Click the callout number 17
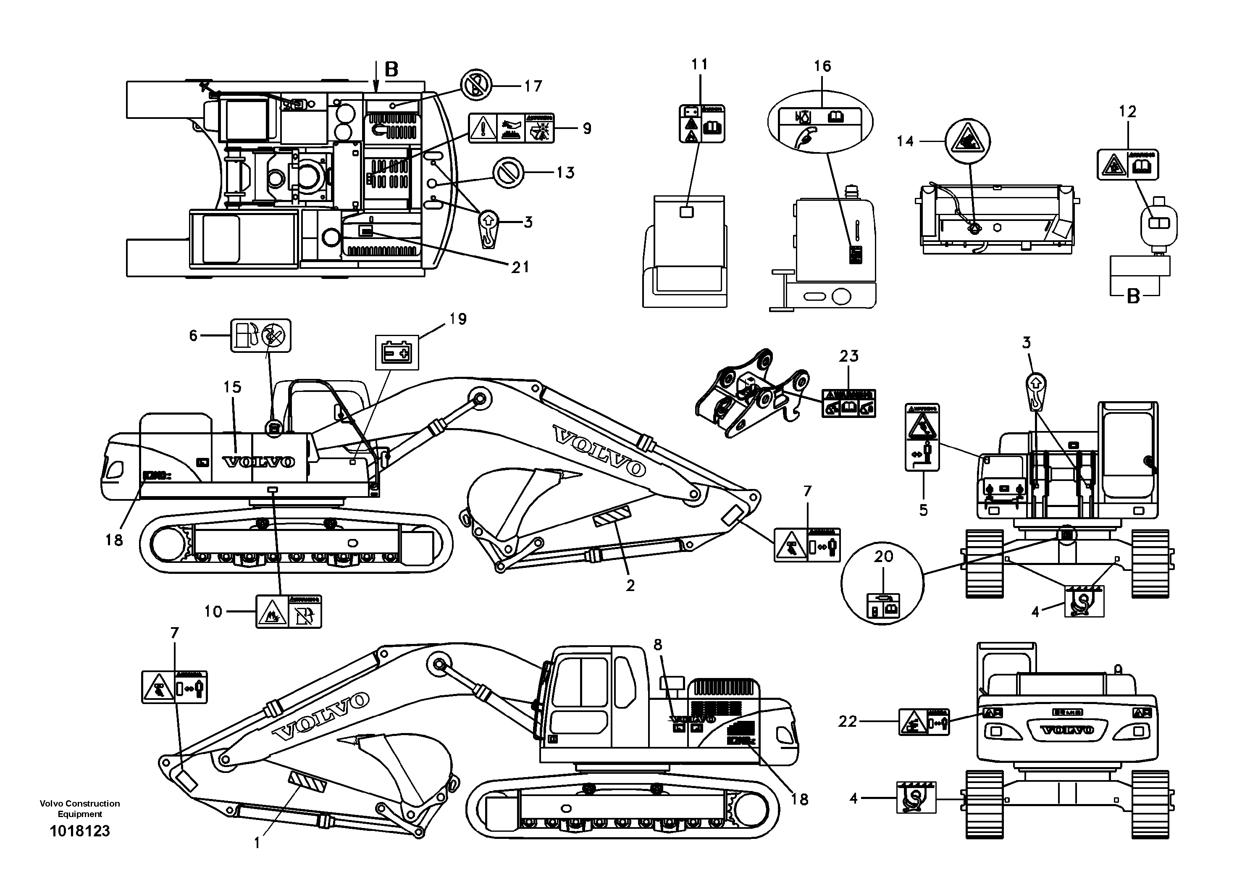pos(533,86)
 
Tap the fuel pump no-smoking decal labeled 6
pos(261,335)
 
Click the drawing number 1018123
pos(80,831)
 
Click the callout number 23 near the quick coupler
pos(848,356)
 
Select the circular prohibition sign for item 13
pos(507,173)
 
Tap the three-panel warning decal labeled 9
pos(511,129)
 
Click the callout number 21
pos(520,267)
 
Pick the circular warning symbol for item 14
pos(967,141)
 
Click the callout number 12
pos(1127,112)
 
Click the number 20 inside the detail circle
pos(884,556)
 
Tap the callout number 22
pos(847,721)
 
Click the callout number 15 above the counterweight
pos(232,387)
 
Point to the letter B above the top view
pos(391,69)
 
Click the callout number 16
pos(822,66)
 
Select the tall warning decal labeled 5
pos(922,437)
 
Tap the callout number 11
pos(700,64)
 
